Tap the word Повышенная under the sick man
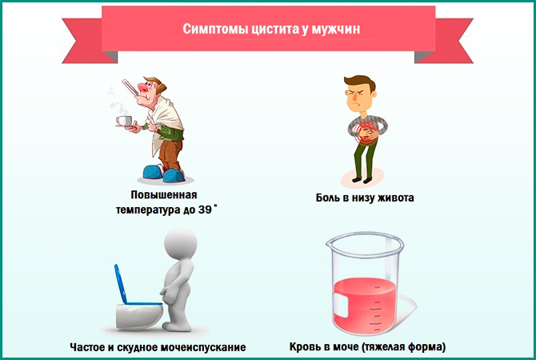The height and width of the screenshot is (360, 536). tap(164, 194)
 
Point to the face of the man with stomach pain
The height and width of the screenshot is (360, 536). tap(354, 96)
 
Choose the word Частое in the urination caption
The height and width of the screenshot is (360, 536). tap(90, 347)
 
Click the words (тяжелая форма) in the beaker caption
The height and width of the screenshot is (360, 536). tap(403, 347)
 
